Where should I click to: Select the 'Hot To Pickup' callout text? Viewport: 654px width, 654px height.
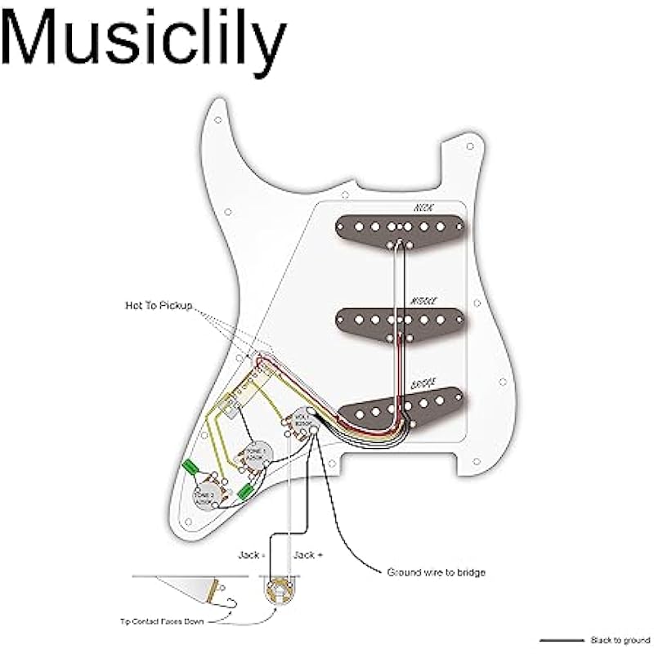[159, 305]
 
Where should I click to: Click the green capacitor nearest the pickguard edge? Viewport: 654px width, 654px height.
[191, 467]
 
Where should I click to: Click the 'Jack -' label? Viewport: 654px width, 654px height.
[249, 555]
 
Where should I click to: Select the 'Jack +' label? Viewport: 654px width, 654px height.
[308, 555]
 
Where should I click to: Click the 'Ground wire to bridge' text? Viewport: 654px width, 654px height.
[436, 573]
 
